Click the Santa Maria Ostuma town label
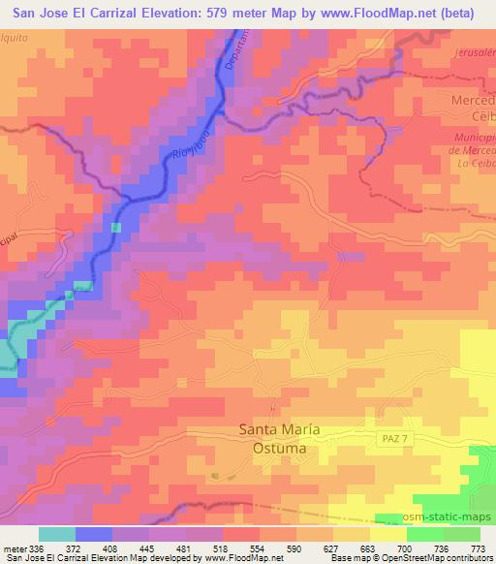click(279, 439)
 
